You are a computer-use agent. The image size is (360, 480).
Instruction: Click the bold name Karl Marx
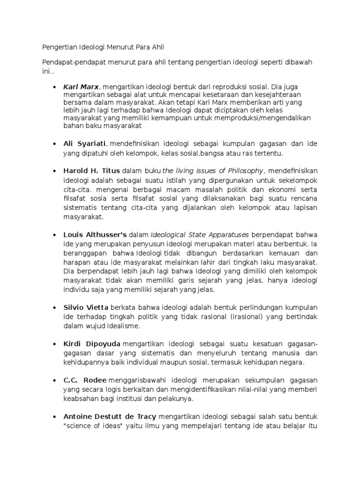click(x=82, y=87)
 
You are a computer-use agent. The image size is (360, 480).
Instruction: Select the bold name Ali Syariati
click(x=85, y=143)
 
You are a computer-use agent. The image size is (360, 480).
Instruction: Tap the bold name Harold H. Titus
click(x=92, y=170)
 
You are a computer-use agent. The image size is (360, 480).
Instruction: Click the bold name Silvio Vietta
click(x=86, y=308)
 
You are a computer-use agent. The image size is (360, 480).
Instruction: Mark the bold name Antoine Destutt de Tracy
click(x=110, y=416)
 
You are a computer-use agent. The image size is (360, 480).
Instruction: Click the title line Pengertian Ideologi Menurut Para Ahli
click(x=104, y=47)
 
